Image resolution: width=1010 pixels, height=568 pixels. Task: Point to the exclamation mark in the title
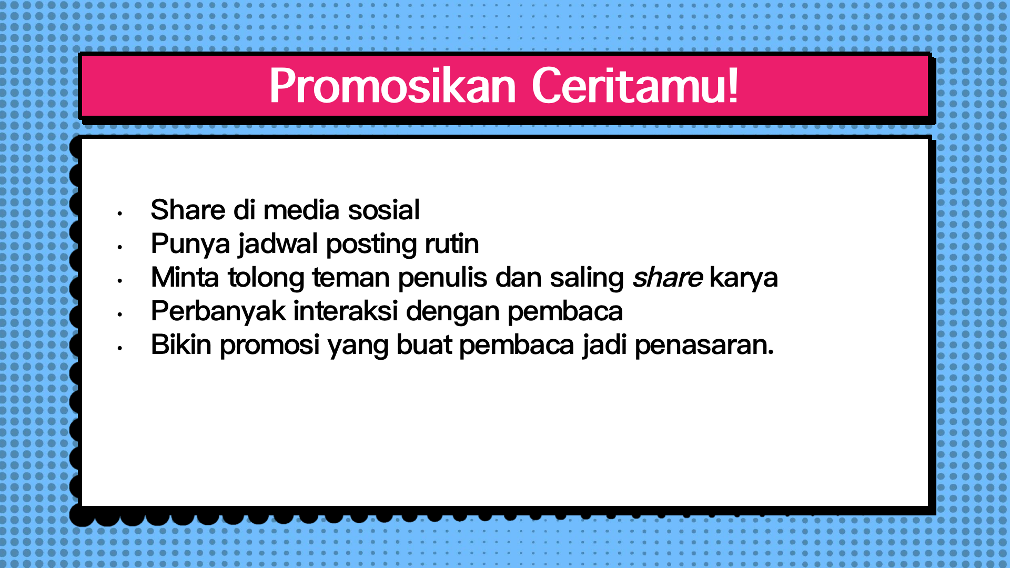pos(732,85)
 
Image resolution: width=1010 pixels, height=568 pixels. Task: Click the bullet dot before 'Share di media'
pos(120,214)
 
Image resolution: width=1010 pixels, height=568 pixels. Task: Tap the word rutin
pos(452,244)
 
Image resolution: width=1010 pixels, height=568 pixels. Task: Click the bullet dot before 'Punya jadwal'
pos(120,247)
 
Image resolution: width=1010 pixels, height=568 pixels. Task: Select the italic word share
pos(668,277)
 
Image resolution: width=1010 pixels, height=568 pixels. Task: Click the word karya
pos(743,278)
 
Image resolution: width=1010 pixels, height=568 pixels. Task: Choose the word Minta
pos(185,277)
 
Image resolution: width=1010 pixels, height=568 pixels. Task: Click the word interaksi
pos(346,311)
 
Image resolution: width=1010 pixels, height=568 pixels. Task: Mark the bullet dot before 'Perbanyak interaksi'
pos(120,315)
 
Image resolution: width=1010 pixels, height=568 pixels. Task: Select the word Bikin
pos(181,344)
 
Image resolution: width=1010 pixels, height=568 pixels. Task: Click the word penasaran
pos(704,346)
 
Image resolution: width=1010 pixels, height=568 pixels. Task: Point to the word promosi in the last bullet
pos(269,346)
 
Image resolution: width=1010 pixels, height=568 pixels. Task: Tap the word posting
pos(371,245)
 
